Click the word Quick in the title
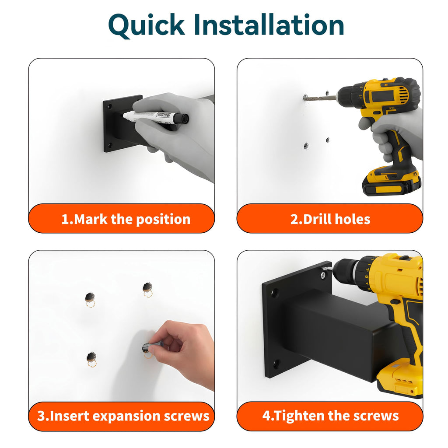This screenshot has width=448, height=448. (x=147, y=25)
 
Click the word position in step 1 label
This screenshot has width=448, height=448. (x=163, y=220)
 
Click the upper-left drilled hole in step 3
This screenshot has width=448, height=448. (x=90, y=297)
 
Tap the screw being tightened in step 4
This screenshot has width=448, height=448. (x=323, y=275)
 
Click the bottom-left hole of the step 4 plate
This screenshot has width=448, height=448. (x=276, y=364)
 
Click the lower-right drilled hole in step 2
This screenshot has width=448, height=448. (x=328, y=140)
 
